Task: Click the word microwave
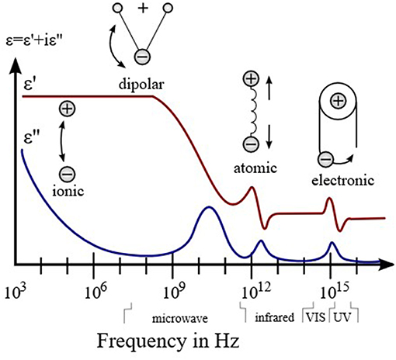[x=180, y=318]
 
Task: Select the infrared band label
[x=275, y=317]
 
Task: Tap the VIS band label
[x=315, y=317]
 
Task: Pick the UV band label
[x=342, y=317]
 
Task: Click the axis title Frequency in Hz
[x=168, y=341]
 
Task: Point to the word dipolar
[x=141, y=85]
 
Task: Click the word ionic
[x=68, y=191]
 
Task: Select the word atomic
[x=255, y=168]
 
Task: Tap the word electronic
[x=343, y=180]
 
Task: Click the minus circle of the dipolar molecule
[x=142, y=57]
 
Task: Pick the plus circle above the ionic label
[x=68, y=109]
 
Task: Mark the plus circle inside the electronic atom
[x=338, y=100]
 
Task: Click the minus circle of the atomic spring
[x=251, y=144]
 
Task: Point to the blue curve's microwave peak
[x=209, y=207]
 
